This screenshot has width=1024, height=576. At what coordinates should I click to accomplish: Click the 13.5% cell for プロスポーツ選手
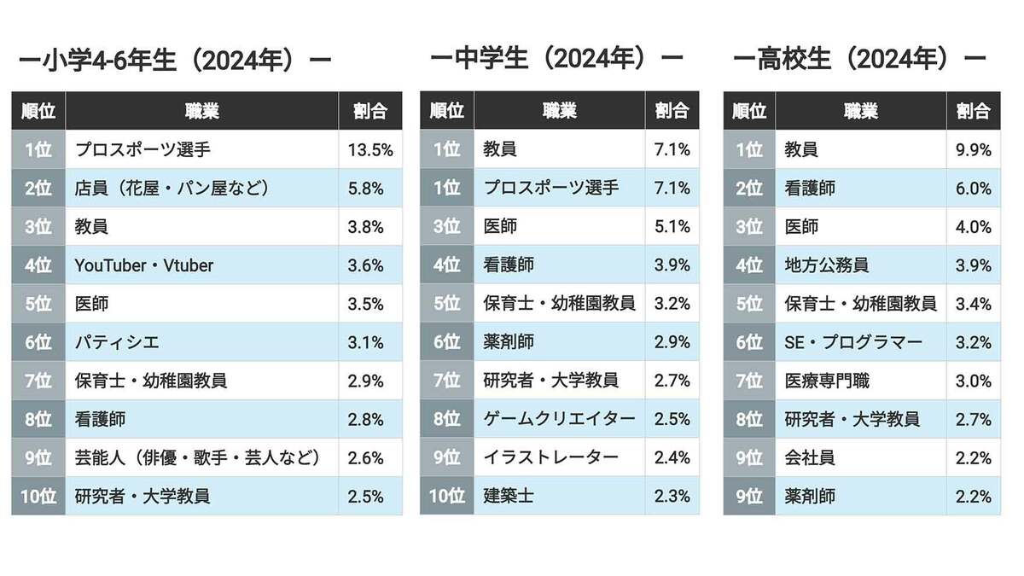click(370, 149)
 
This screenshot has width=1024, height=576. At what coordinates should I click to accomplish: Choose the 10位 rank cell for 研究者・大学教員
click(38, 496)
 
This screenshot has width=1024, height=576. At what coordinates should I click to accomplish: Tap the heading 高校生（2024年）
click(859, 59)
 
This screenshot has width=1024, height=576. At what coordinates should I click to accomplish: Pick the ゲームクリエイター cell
click(559, 419)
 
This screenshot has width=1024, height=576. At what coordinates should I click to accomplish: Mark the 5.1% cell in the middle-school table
click(672, 227)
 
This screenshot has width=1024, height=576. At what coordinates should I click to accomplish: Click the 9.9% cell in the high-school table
click(974, 149)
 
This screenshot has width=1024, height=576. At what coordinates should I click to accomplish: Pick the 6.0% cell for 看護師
click(974, 188)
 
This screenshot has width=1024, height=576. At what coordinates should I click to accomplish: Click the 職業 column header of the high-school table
click(861, 111)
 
